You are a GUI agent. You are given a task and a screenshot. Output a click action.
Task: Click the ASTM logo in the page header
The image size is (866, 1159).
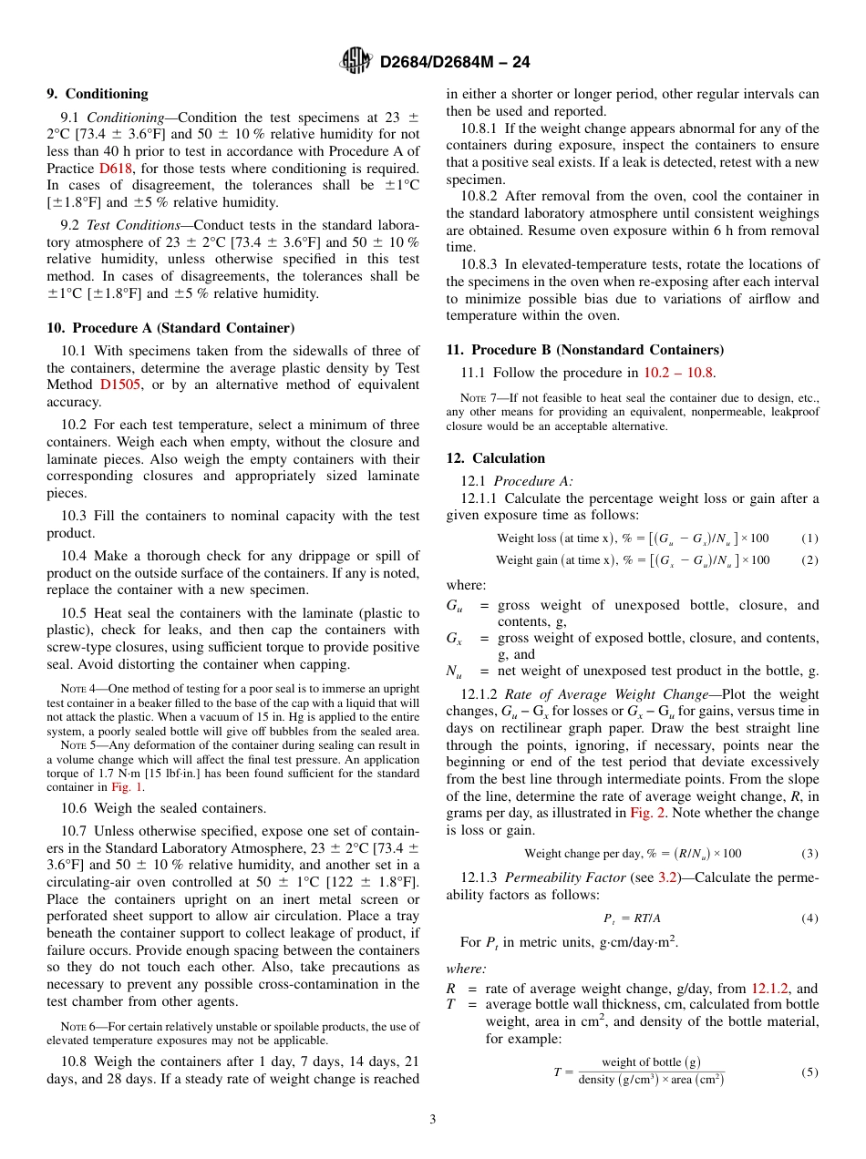tap(356, 61)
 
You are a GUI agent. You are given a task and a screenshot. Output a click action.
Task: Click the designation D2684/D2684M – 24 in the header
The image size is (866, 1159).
tap(455, 62)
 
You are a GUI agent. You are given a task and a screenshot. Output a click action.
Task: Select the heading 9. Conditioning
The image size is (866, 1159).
tap(97, 94)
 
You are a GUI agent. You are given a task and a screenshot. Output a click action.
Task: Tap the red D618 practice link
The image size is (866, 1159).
tap(113, 169)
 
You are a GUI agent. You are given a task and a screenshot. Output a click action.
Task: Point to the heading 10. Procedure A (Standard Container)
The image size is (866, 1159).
tap(170, 328)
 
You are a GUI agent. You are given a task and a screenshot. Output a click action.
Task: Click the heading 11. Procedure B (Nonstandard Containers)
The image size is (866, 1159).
tap(584, 350)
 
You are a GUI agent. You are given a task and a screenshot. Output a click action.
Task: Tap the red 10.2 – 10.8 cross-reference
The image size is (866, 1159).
tap(679, 372)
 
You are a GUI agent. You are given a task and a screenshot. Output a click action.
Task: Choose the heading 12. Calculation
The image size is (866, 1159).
tap(495, 458)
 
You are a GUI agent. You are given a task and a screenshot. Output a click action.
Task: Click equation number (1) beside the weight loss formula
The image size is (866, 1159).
tap(809, 538)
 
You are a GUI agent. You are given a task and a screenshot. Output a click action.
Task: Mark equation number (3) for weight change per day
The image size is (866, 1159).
tap(809, 854)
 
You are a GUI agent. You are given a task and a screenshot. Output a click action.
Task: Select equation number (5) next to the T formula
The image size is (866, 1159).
tap(809, 1072)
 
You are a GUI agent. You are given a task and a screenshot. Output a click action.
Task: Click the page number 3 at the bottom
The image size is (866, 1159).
tap(433, 1118)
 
